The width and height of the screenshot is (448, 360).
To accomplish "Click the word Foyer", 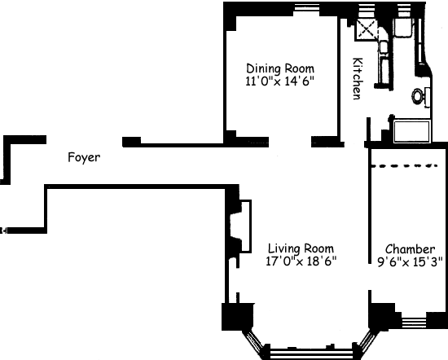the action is (84, 157).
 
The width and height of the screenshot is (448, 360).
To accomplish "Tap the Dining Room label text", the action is (280, 68).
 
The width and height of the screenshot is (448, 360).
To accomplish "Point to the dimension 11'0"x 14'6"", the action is (279, 81).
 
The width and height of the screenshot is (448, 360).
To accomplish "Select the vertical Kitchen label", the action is (358, 78).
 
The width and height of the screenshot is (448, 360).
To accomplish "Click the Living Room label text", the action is (301, 248).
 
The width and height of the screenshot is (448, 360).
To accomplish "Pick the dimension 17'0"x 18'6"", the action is (301, 261).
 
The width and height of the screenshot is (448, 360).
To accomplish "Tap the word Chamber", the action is (410, 249).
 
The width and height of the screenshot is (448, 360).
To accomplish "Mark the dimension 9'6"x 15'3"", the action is (410, 261).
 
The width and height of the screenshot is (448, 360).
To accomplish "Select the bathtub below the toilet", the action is (411, 131).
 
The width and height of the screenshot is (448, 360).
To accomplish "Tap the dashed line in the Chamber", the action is (404, 165).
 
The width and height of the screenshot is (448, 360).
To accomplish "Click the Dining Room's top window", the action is (306, 7).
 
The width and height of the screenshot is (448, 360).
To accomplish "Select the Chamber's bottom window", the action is (414, 323).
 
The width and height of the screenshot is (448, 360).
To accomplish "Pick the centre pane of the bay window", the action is (311, 353).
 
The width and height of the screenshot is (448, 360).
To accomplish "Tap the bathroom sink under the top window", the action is (403, 28).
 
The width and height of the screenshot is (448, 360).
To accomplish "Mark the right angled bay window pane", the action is (367, 341).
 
